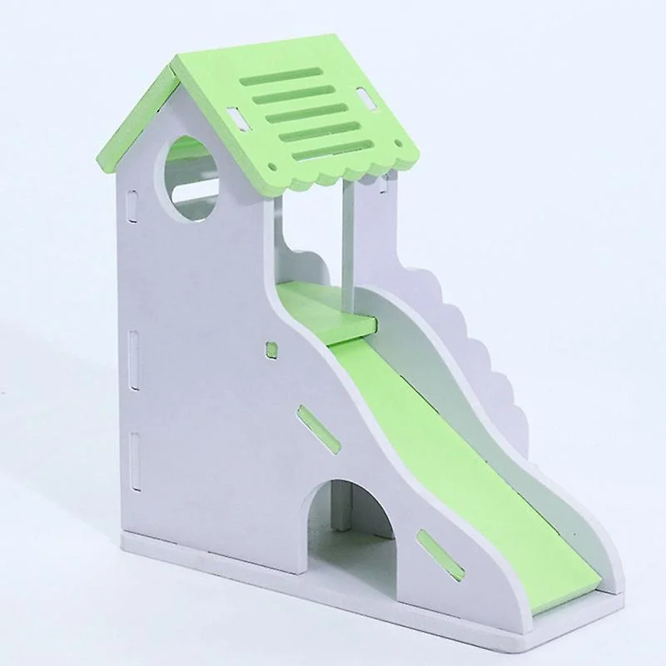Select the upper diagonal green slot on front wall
click(319, 429)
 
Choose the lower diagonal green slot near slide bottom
click(440, 554)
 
